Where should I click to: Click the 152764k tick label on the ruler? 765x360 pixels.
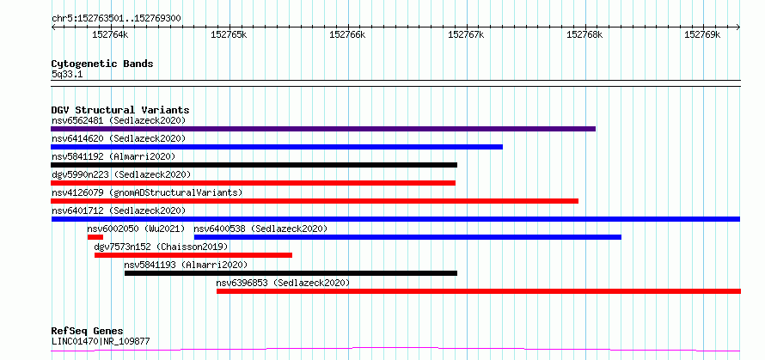pos(110,35)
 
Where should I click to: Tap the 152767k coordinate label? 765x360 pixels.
pos(466,35)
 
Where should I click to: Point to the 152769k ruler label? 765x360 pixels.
pos(702,35)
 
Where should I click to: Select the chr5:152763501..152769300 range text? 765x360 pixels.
pos(116,19)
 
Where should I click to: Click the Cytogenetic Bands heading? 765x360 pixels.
pos(102,64)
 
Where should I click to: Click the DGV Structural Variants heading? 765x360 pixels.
pos(120,110)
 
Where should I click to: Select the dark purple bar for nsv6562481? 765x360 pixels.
pos(323,129)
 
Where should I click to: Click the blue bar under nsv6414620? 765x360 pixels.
pos(277,147)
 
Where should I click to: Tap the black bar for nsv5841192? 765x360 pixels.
pos(254,165)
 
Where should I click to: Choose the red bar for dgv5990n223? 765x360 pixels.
pos(254,183)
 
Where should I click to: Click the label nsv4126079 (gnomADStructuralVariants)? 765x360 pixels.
pos(147,192)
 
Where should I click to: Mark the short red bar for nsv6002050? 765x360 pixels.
pos(95,237)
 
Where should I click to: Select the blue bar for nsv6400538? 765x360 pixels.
pos(408,237)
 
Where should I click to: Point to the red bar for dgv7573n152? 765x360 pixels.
pos(193,255)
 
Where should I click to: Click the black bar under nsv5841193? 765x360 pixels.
pos(291,273)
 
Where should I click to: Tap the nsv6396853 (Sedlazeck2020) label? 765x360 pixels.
pos(283,283)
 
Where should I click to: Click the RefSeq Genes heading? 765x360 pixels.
pos(88,332)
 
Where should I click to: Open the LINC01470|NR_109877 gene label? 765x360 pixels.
pos(101,341)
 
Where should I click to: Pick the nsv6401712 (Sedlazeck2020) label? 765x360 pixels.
pos(119,211)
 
